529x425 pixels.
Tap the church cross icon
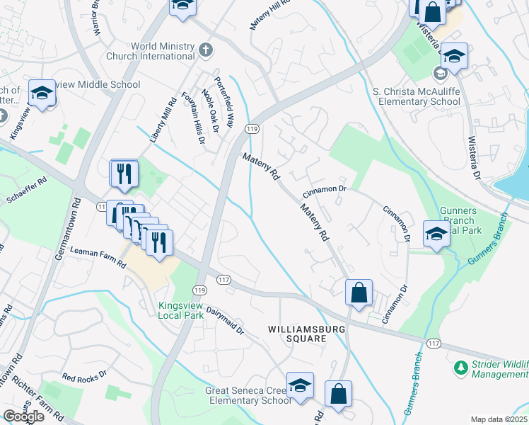[205, 50]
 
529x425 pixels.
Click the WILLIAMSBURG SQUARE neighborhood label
[297, 334]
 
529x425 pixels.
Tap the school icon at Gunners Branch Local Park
[436, 234]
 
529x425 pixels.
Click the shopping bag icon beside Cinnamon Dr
[359, 292]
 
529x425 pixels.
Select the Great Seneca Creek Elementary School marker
[301, 387]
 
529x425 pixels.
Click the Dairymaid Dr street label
[225, 321]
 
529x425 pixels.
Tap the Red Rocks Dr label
[84, 375]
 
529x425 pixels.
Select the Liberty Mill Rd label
[162, 121]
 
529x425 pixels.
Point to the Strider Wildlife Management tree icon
[461, 368]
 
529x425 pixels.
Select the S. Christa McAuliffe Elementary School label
[417, 96]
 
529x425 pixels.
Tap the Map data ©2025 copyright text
[499, 419]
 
